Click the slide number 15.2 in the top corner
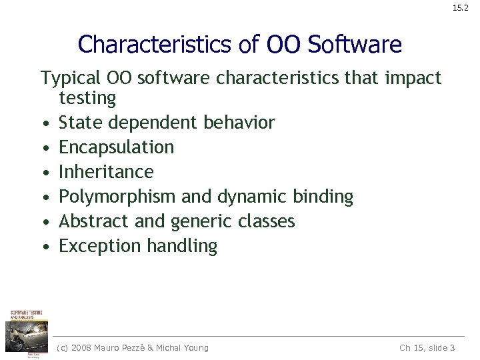pyautogui.click(x=461, y=9)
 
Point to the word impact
pyautogui.click(x=413, y=79)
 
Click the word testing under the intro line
pyautogui.click(x=87, y=99)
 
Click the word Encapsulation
pyautogui.click(x=117, y=147)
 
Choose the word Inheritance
pyautogui.click(x=106, y=172)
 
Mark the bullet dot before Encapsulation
pyautogui.click(x=44, y=148)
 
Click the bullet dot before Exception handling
pyautogui.click(x=44, y=247)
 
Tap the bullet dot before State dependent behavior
pyautogui.click(x=44, y=123)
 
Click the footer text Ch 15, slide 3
pyautogui.click(x=427, y=347)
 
